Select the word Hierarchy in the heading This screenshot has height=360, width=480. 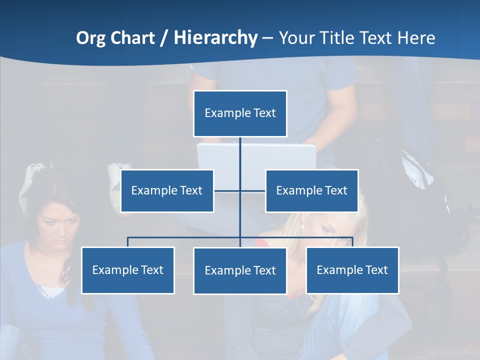(215, 38)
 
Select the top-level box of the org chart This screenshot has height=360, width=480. (240, 113)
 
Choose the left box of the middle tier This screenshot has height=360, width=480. (167, 191)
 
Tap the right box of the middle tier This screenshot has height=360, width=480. (311, 191)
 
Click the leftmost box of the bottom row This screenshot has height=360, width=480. (128, 270)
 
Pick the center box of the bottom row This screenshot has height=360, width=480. (240, 271)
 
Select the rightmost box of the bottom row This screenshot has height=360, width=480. (352, 270)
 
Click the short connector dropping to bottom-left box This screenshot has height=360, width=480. (128, 242)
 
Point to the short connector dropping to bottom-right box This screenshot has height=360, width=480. (352, 242)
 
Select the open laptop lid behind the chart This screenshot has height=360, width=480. (256, 157)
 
